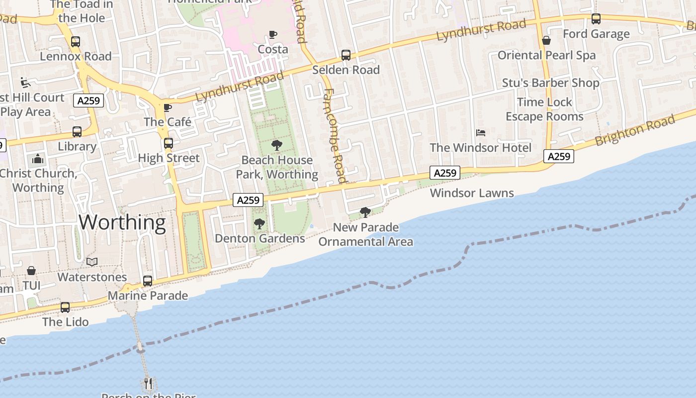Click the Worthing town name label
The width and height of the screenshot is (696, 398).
[x=122, y=222]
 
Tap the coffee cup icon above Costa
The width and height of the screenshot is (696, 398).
[x=273, y=34]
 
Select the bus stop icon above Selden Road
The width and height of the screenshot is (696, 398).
[x=346, y=55]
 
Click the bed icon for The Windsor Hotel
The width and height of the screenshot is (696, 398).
[x=481, y=133]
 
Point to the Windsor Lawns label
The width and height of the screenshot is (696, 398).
[x=472, y=193]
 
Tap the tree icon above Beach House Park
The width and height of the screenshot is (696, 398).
[x=277, y=145]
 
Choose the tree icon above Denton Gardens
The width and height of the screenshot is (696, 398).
[x=259, y=224]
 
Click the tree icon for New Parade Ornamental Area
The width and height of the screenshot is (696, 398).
[x=365, y=212]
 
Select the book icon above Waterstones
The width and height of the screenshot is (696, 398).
[x=92, y=262]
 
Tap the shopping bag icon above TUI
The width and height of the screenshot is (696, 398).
[x=31, y=271]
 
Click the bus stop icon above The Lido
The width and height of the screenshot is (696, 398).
[x=65, y=307]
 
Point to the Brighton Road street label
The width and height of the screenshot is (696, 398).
[x=635, y=130]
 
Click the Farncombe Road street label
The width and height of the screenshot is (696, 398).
[x=334, y=135]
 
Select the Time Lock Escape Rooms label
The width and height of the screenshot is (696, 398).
[x=544, y=109]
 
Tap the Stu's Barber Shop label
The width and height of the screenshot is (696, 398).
[x=550, y=83]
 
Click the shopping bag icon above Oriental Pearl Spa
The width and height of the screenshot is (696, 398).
[x=546, y=40]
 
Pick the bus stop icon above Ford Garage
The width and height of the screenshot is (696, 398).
[x=596, y=19]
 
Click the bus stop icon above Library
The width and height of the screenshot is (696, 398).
[x=77, y=132]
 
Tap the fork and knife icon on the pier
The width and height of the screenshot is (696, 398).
[x=148, y=383]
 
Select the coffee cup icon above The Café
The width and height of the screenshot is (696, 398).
[x=168, y=107]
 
